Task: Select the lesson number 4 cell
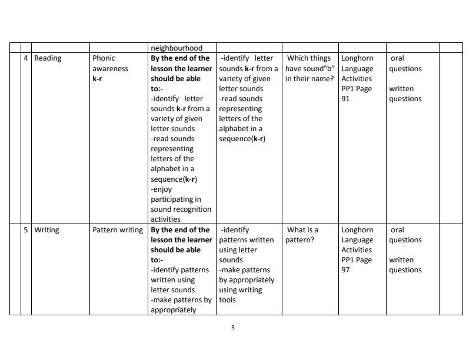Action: click(x=26, y=58)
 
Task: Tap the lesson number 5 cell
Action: click(x=26, y=230)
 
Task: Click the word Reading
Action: click(x=48, y=58)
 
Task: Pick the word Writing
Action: click(x=46, y=230)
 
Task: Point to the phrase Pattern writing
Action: click(x=118, y=230)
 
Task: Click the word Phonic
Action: click(x=104, y=58)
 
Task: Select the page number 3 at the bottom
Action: click(x=233, y=328)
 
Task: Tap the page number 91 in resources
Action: click(x=345, y=99)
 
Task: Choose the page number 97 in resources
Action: click(x=345, y=270)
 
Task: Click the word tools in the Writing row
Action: click(x=227, y=300)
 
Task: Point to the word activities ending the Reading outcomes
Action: click(x=165, y=219)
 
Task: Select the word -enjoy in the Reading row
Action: click(x=161, y=189)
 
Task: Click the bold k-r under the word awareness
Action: click(x=97, y=79)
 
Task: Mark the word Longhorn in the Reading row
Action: click(x=357, y=58)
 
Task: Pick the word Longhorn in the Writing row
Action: click(x=357, y=230)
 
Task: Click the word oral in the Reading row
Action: click(x=397, y=58)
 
